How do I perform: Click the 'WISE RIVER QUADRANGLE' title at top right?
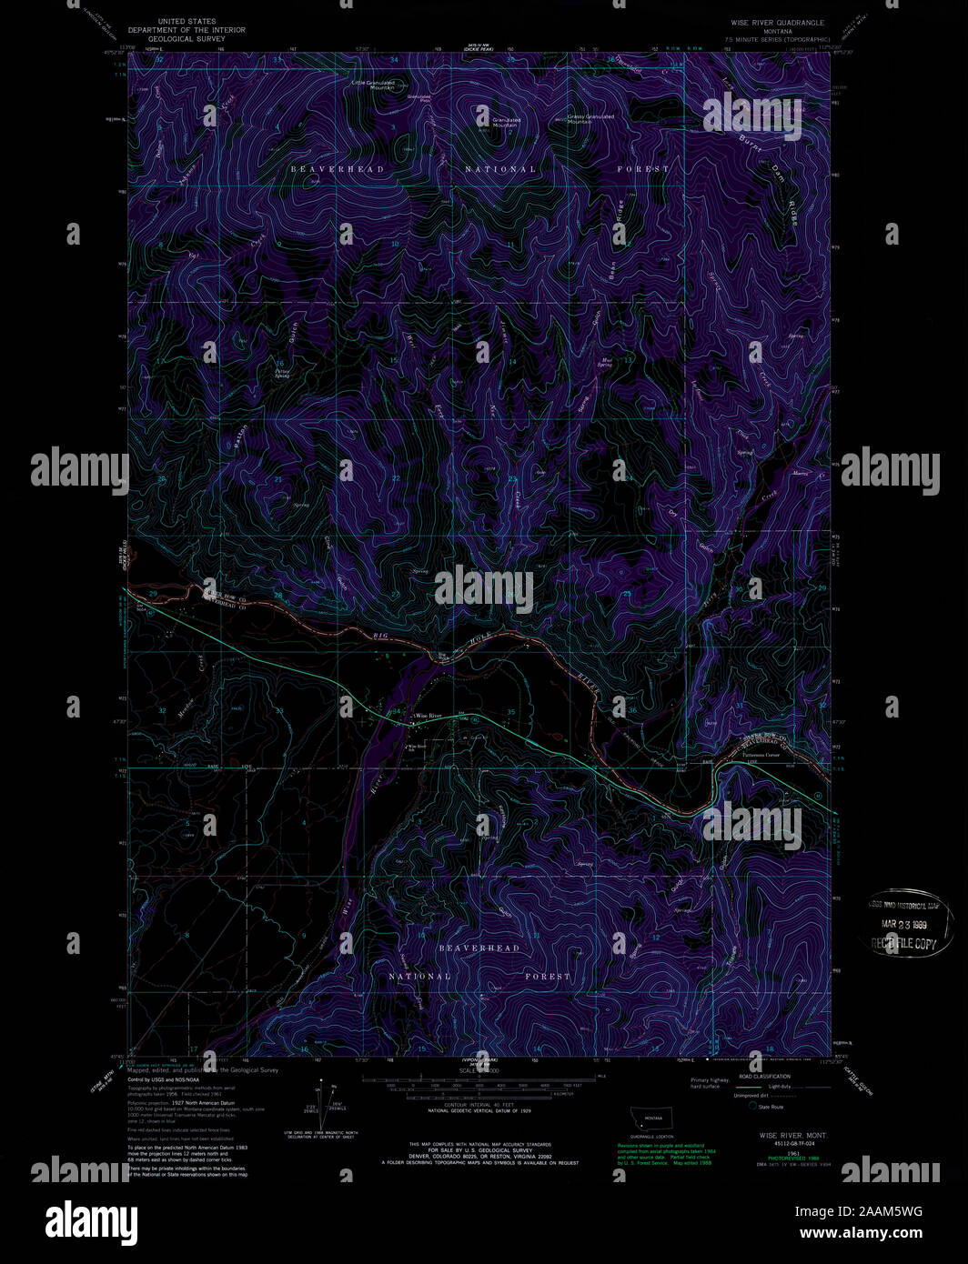777,22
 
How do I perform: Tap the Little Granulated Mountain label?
374,85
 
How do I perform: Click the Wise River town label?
428,717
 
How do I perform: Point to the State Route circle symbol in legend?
753,1106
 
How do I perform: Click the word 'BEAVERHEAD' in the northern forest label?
337,169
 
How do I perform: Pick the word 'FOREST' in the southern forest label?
546,976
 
